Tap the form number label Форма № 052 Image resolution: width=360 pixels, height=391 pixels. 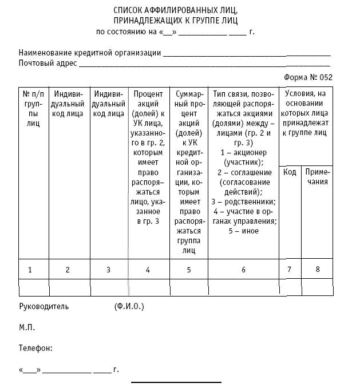click(307, 77)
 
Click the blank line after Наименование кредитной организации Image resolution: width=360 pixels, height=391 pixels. click(247, 53)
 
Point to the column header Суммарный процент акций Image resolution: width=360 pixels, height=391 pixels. click(188, 172)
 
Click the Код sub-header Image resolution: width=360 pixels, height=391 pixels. click(290, 172)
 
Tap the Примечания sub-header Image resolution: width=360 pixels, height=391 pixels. click(317, 177)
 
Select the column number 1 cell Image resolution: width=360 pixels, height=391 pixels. click(30, 269)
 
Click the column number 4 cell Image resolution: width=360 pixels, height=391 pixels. click(148, 269)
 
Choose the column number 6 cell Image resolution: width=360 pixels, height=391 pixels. click(243, 269)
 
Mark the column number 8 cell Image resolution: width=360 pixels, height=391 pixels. click(318, 269)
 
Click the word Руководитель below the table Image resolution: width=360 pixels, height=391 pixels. click(43, 306)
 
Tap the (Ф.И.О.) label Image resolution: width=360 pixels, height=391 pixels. click(129, 306)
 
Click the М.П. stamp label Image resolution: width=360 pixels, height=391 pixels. click(27, 327)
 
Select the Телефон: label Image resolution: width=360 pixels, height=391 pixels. click(35, 348)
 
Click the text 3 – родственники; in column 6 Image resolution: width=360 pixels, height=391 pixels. click(243, 202)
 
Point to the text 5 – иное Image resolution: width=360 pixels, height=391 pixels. click(243, 231)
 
